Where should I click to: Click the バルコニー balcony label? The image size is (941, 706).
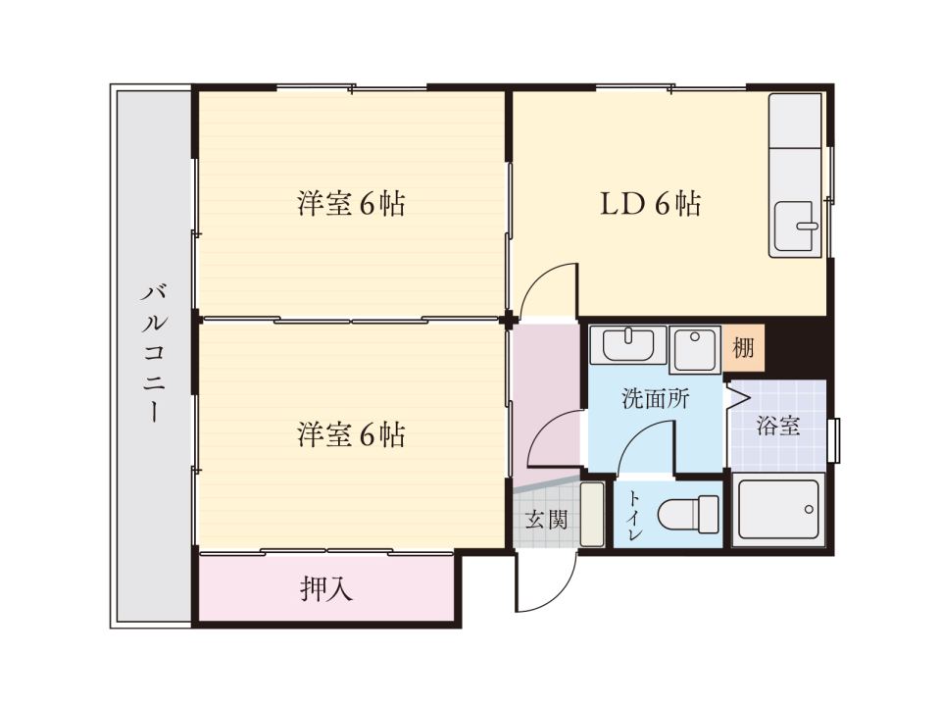point(154,354)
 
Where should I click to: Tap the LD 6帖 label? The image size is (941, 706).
point(651,204)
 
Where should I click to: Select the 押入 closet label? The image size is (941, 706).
point(325,589)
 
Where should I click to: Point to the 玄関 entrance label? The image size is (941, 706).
point(546,520)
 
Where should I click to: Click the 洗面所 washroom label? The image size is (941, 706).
point(656,399)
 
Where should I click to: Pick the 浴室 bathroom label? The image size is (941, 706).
point(777,426)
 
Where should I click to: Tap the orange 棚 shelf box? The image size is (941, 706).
point(744,347)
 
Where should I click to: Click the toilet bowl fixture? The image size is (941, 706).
point(688,515)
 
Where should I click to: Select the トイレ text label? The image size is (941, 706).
point(635,516)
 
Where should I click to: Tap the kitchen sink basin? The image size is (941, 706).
point(796,227)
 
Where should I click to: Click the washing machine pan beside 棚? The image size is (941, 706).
point(694,349)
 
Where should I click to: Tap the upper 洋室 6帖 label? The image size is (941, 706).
point(351,204)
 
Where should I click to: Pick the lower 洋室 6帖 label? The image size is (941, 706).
point(351,434)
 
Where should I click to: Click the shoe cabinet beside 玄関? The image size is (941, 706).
point(592,514)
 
